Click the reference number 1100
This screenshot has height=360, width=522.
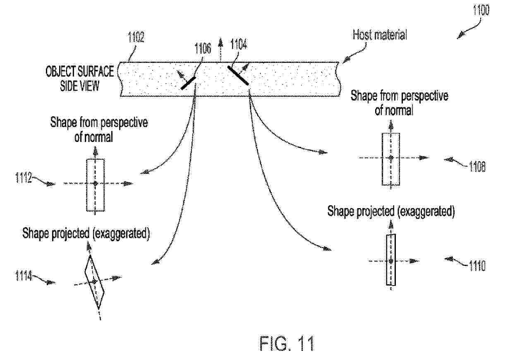coord(481,10)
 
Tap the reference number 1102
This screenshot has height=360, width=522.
coord(136,37)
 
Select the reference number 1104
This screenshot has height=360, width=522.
coord(238,44)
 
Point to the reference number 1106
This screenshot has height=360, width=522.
coord(203,48)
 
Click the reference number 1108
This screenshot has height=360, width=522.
coord(477,166)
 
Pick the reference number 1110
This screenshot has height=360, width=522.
coord(477,266)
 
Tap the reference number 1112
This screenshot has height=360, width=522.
coord(24,178)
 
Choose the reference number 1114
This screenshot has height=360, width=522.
coord(24,276)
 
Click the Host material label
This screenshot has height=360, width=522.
coord(380,35)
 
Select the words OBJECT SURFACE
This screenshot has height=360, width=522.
coord(80,71)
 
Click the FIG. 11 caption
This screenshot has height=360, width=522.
coord(287,343)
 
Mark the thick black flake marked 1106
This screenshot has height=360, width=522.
coord(188,84)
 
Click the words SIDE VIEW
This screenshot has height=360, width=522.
coord(80,86)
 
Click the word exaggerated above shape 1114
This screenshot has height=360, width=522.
coord(121,233)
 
